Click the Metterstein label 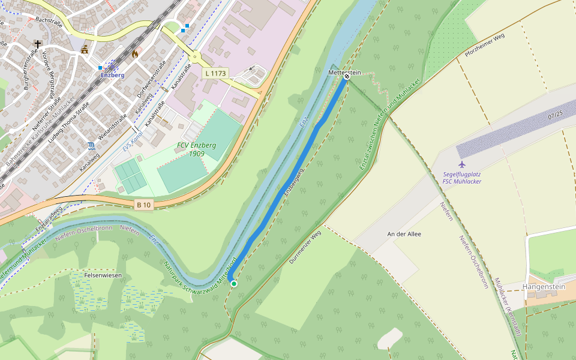click(x=344, y=73)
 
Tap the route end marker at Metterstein click(x=347, y=77)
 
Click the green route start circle click(x=234, y=283)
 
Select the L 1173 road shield click(x=215, y=73)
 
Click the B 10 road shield click(x=143, y=205)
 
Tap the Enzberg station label click(x=112, y=75)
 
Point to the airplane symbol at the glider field click(x=461, y=164)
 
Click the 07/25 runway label click(x=555, y=114)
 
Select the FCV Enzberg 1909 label click(x=196, y=149)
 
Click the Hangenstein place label click(x=544, y=287)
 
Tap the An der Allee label click(x=402, y=234)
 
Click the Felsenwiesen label click(x=103, y=275)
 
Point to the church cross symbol click(x=38, y=44)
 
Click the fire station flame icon click(x=135, y=53)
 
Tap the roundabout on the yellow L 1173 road click(x=196, y=57)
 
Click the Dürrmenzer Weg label click(x=310, y=248)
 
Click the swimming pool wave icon click(x=91, y=146)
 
